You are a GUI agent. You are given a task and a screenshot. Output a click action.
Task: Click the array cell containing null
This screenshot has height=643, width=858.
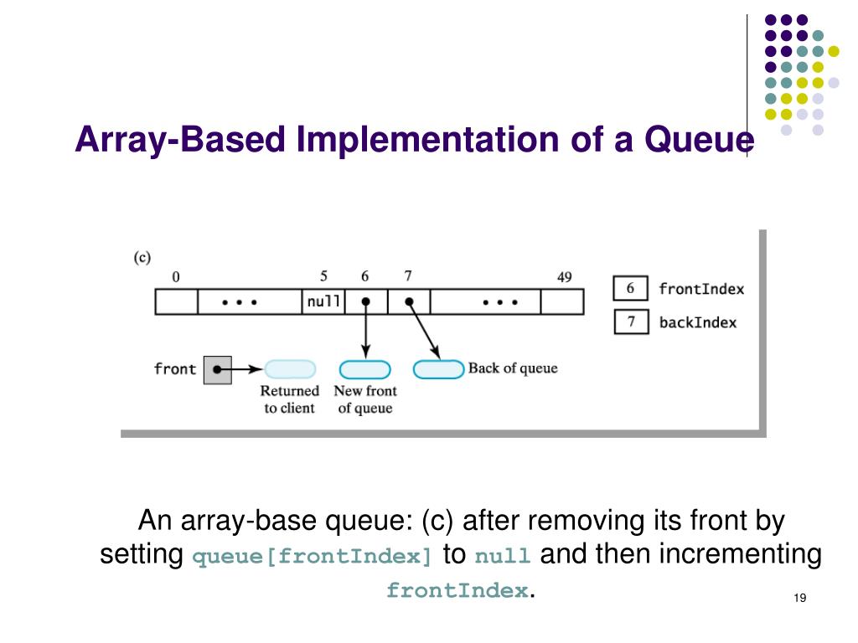click(x=323, y=302)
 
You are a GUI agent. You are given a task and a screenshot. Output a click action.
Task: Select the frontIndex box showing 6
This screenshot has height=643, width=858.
click(x=630, y=289)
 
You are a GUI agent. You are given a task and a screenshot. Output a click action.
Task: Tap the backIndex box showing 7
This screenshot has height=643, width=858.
click(x=630, y=321)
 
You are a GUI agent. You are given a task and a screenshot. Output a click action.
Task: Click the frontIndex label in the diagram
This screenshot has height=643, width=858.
click(x=700, y=289)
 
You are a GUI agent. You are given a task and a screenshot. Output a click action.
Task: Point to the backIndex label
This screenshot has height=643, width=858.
click(x=697, y=322)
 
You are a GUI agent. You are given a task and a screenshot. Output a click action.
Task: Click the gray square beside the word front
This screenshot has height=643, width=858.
click(x=217, y=368)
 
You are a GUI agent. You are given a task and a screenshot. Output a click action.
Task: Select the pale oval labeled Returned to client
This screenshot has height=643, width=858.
click(x=290, y=369)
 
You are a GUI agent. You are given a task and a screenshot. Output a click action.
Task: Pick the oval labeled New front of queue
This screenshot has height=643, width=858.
click(x=364, y=369)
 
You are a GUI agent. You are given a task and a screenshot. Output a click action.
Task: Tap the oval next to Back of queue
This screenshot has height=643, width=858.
click(x=439, y=369)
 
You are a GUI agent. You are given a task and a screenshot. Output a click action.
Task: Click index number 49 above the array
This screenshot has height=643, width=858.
click(x=564, y=276)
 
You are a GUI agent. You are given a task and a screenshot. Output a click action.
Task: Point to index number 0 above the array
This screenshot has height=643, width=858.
click(x=176, y=276)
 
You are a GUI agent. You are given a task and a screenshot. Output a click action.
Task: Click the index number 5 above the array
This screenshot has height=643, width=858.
click(x=323, y=275)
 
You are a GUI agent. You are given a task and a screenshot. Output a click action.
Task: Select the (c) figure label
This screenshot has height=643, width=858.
click(x=142, y=257)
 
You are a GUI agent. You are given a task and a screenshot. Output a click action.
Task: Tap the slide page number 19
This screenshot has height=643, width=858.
click(x=798, y=598)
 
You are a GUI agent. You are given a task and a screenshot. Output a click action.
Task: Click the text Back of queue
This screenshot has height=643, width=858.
click(x=512, y=368)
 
